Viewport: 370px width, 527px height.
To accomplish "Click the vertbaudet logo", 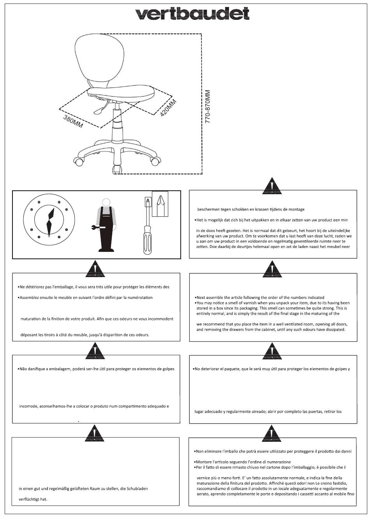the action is [x=192, y=13].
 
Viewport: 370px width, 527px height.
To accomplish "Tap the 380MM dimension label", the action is [x=73, y=121].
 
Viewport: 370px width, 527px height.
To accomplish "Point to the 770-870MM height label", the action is [x=207, y=106].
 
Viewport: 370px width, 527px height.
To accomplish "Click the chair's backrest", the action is [x=99, y=60].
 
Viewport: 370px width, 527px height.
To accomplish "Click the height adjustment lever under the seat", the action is [x=101, y=108].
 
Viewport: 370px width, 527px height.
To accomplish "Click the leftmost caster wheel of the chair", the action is [x=78, y=161].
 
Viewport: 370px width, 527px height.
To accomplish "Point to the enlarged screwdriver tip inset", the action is [x=160, y=204].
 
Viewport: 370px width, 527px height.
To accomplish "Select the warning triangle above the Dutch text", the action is [x=272, y=186].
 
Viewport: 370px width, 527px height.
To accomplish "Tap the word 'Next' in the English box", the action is [x=201, y=297].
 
